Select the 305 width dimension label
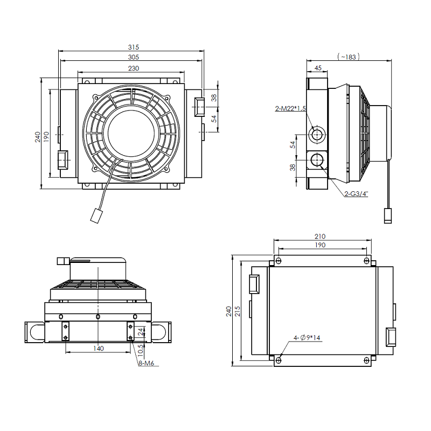[133, 57]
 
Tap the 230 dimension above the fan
[133, 68]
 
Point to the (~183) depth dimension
[348, 56]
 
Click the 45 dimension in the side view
[317, 68]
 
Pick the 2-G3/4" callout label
[356, 193]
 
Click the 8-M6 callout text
[146, 364]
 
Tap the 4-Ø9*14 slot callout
[307, 338]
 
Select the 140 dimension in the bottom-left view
[98, 349]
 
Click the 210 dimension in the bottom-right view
[320, 236]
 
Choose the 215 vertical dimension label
[238, 311]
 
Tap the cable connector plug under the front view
[97, 216]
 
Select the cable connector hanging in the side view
[387, 215]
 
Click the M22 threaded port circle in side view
[317, 134]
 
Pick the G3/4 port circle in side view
[317, 159]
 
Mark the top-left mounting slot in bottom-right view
[278, 261]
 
